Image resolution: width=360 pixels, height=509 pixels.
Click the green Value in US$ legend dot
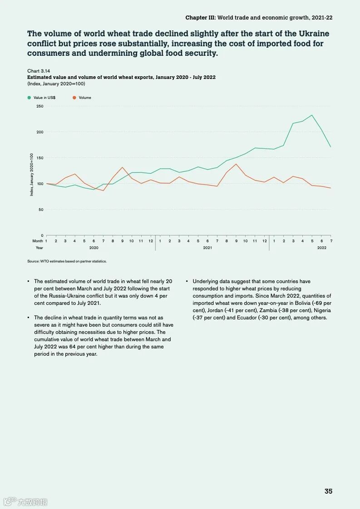point(29,98)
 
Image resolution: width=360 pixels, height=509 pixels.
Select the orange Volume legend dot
point(74,98)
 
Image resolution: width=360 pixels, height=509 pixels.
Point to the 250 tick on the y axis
point(39,106)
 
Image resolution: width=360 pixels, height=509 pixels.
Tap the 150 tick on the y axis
point(39,158)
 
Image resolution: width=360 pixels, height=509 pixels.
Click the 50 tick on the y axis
point(40,210)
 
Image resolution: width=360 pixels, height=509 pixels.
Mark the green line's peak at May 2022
point(312,115)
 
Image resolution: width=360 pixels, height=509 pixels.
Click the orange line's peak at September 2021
point(236,164)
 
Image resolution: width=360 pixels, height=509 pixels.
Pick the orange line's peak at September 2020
point(122,167)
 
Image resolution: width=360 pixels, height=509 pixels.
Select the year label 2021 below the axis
point(207,248)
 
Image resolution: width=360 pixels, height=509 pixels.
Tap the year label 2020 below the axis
point(94,248)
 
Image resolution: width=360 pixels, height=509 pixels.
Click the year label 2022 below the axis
point(321,248)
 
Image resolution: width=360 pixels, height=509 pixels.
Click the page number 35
point(328,491)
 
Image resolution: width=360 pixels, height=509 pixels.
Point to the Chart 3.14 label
point(39,71)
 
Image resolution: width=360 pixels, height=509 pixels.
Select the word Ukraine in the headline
point(314,34)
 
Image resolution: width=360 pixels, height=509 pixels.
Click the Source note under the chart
point(67,261)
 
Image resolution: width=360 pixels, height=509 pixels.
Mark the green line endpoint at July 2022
point(331,147)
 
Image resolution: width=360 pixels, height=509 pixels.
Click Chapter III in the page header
point(200,18)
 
